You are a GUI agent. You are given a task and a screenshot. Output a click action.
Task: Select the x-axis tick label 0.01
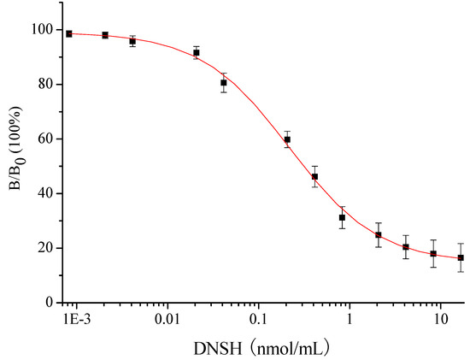tap(167, 319)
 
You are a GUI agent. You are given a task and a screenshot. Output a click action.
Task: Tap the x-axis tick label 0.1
tap(258, 319)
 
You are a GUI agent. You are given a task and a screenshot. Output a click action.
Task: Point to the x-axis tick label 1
tap(349, 319)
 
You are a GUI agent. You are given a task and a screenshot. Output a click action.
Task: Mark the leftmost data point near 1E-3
tap(69, 33)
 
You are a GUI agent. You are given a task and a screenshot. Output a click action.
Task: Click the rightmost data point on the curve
tap(461, 257)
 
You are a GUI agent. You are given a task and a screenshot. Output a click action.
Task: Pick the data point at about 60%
tap(287, 139)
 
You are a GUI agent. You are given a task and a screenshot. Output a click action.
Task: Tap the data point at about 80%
tap(224, 83)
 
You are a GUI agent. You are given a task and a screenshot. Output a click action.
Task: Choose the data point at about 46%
tap(314, 177)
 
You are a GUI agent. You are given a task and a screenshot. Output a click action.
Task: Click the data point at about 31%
tap(342, 217)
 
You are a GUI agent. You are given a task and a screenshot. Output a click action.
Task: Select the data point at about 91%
tap(197, 53)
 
